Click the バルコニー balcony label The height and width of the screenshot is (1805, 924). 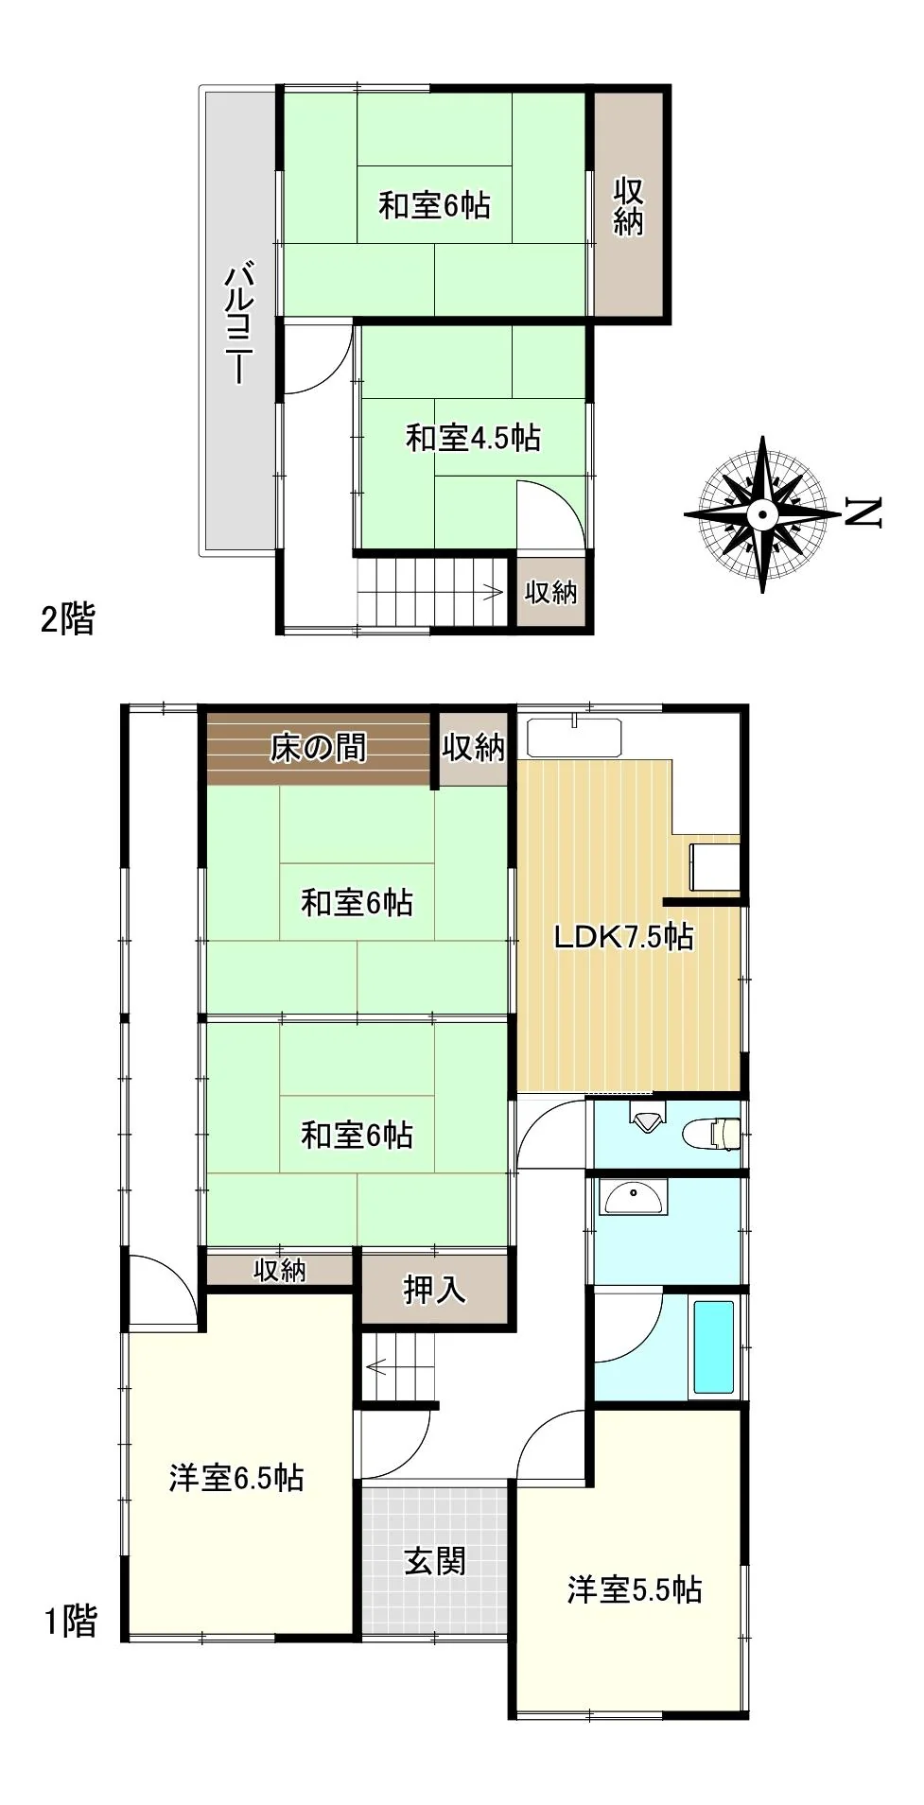(237, 325)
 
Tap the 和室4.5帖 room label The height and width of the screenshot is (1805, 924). (473, 438)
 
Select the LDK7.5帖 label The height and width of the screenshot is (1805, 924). (623, 937)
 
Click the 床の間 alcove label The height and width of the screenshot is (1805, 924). (318, 748)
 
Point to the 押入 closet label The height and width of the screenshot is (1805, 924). (435, 1289)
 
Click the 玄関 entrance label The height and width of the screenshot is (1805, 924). (435, 1561)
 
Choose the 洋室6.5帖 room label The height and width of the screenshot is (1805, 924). (236, 1478)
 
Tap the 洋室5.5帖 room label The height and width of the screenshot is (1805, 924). (635, 1590)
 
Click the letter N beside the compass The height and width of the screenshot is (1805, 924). (863, 512)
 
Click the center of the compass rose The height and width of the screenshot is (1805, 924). (762, 514)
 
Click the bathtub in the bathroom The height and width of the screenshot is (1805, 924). (714, 1347)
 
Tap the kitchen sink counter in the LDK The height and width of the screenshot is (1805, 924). (574, 738)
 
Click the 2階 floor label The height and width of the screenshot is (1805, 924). (68, 619)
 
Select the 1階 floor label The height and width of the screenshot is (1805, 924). (71, 1622)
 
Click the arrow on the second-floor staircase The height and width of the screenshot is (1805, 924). (493, 593)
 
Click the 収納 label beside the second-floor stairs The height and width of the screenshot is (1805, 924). (550, 593)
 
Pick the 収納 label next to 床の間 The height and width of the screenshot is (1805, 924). (474, 748)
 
